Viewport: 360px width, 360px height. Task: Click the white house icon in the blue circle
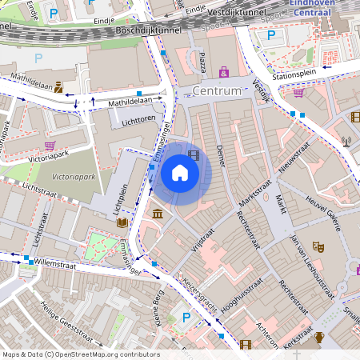pos(180,173)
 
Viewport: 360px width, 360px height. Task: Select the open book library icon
pos(122,222)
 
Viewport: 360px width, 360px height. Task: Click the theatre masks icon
pos(318,247)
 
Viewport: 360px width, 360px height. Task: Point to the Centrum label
pos(216,91)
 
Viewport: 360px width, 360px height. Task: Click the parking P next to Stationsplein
pos(271,35)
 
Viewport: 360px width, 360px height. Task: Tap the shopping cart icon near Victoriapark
pos(50,146)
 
